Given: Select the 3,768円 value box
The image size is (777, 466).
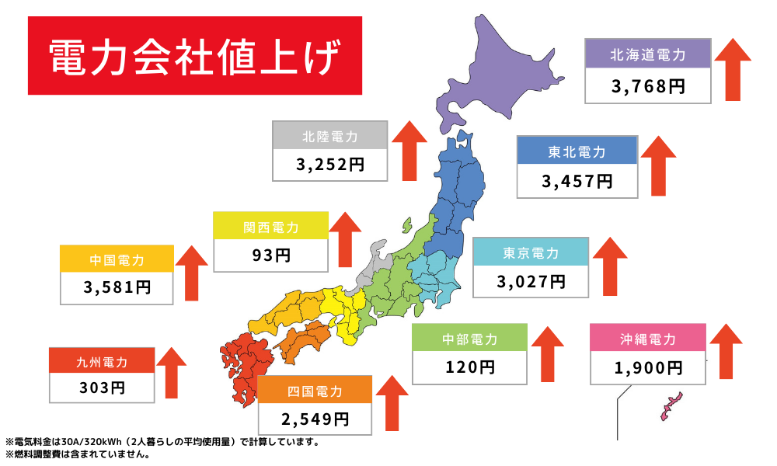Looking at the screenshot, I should [x=648, y=86].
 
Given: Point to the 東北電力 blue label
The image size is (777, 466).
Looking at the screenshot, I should [x=577, y=151].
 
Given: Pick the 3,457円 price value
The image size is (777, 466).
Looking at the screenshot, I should [x=577, y=182].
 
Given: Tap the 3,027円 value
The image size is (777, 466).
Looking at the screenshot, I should [x=531, y=281].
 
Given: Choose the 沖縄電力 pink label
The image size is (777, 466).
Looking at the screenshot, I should [x=648, y=339].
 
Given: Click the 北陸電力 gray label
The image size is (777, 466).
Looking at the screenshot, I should [x=330, y=136].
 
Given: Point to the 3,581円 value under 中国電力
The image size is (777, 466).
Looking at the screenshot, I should [x=117, y=287].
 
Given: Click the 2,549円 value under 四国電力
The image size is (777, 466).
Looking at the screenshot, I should [x=315, y=419].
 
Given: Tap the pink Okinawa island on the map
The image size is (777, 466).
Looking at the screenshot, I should [x=670, y=405].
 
